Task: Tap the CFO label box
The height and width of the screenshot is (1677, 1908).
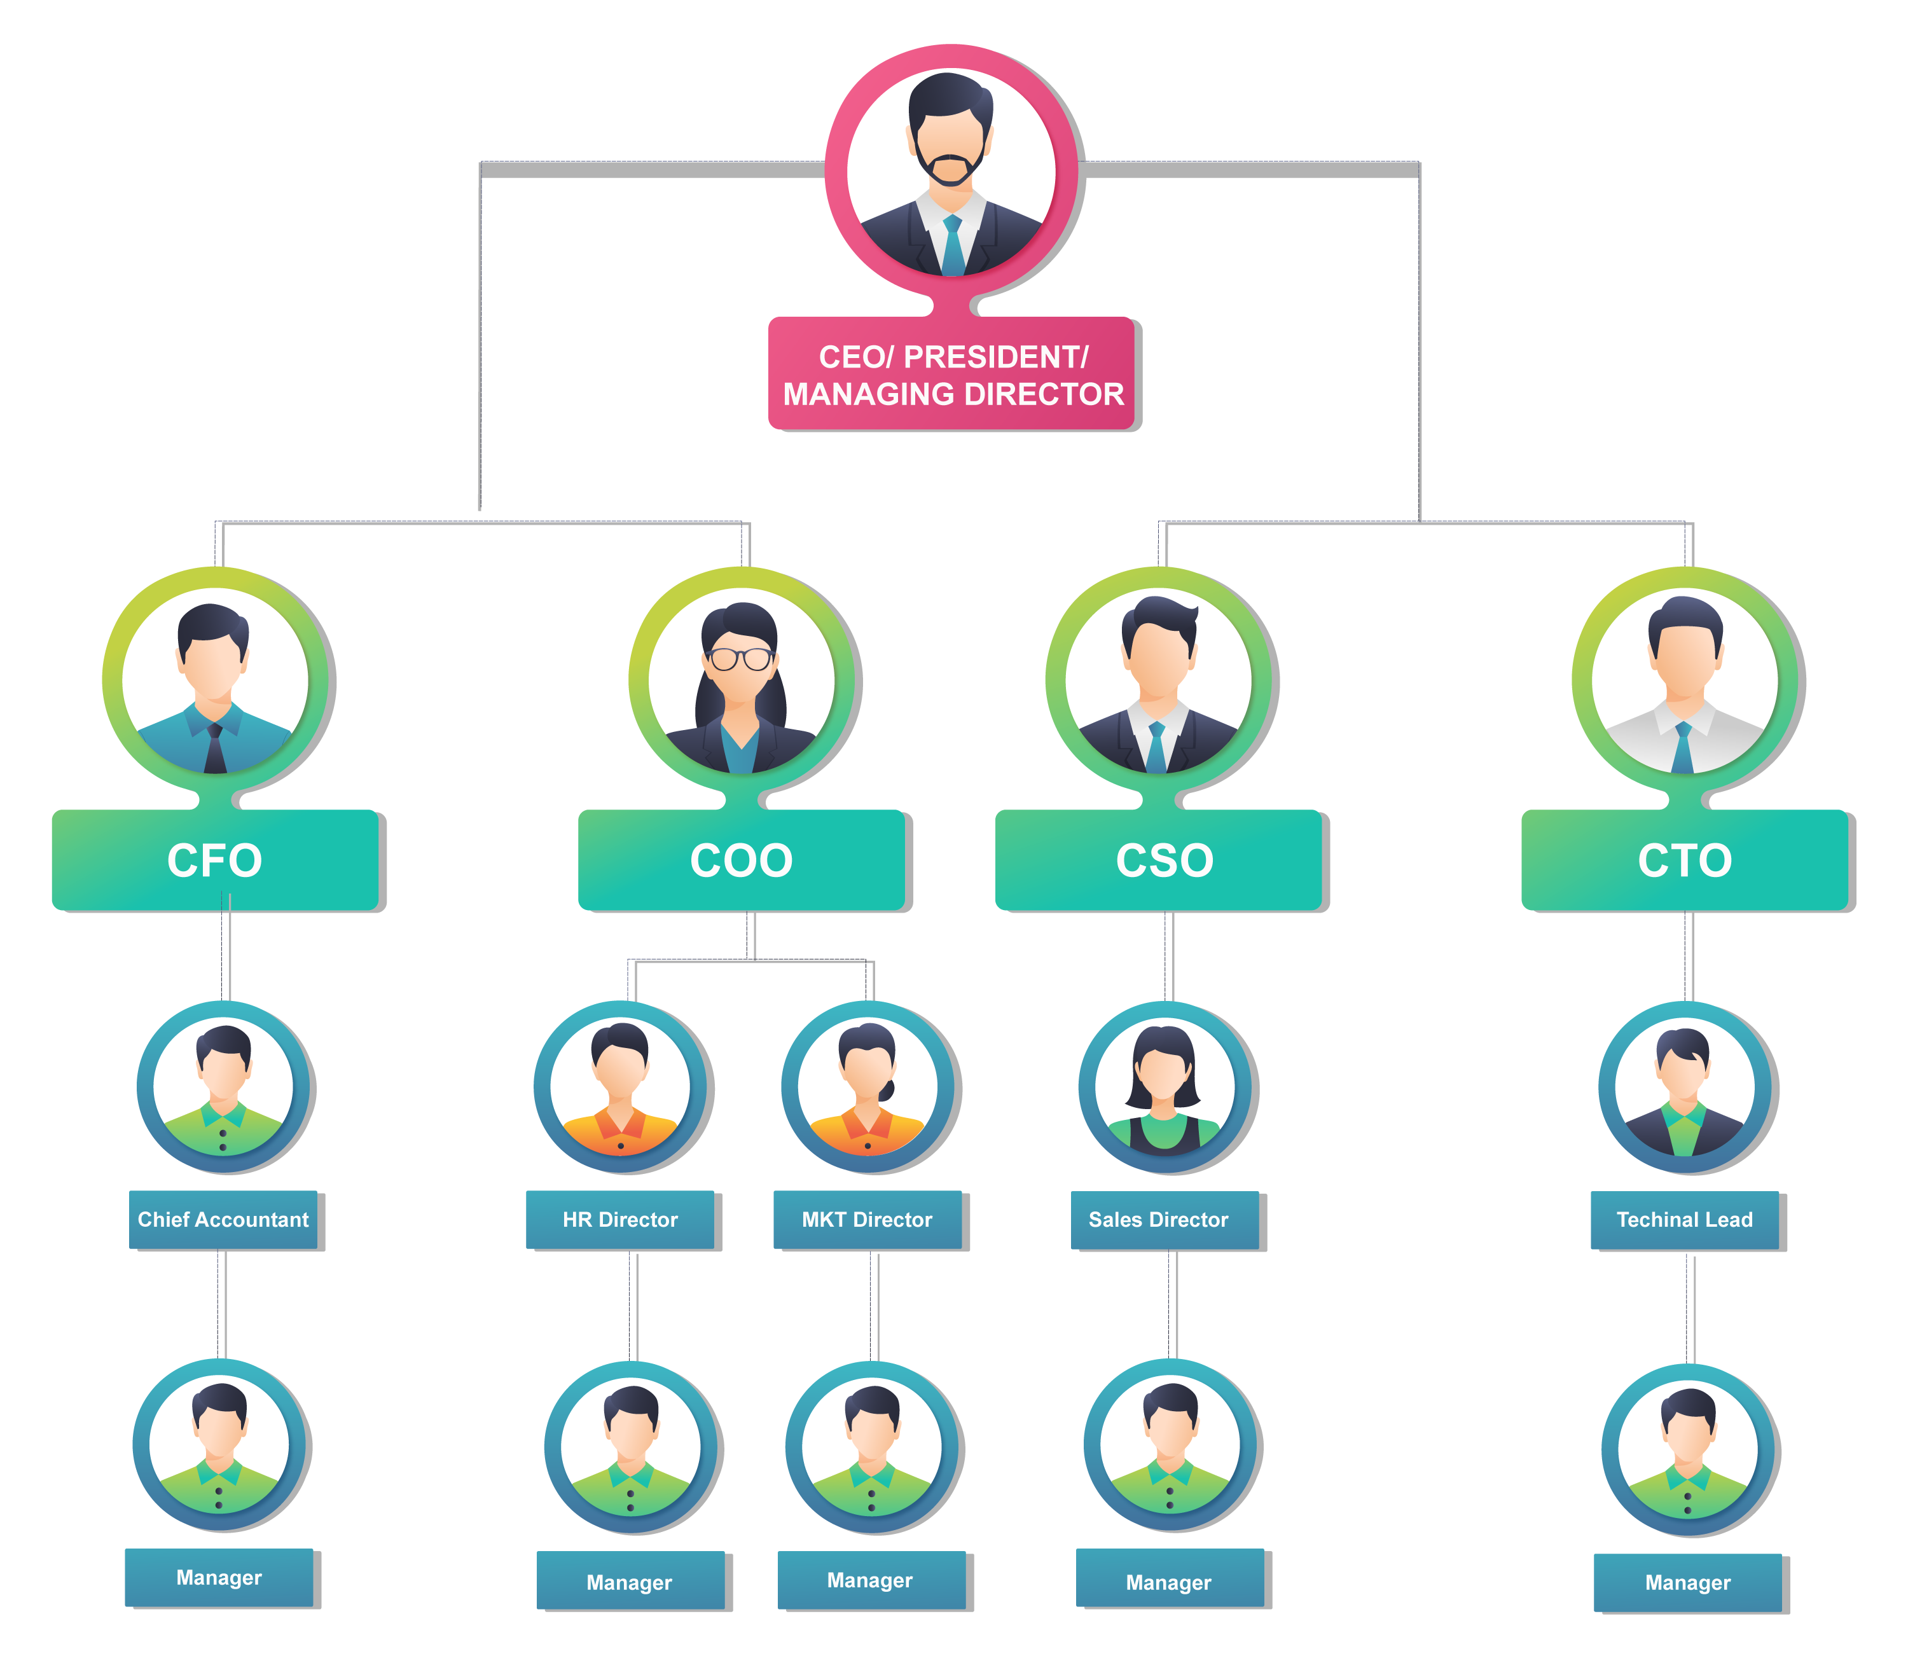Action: click(215, 860)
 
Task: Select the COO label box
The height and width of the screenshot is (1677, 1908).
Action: click(741, 860)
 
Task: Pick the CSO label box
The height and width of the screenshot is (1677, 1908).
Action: click(1158, 860)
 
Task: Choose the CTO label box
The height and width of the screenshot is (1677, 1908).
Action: click(1685, 860)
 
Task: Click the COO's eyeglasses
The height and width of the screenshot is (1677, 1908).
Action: click(739, 658)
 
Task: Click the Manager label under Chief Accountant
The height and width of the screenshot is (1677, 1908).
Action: click(219, 1577)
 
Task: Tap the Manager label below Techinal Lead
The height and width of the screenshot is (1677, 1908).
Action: click(1688, 1583)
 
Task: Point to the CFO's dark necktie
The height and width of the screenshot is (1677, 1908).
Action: click(215, 747)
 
